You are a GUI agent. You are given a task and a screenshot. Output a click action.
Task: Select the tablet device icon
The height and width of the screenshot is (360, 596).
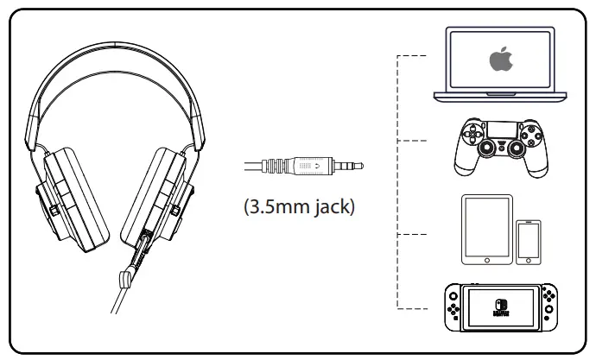(486, 228)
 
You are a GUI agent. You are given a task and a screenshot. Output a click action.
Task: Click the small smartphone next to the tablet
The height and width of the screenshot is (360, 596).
(529, 242)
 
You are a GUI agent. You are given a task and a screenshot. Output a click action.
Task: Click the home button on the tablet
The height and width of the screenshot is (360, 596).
(486, 257)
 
